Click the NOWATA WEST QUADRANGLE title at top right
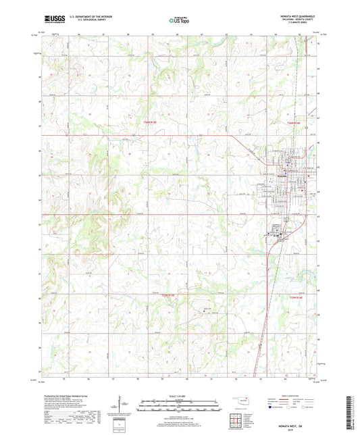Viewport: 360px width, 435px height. pyautogui.click(x=296, y=17)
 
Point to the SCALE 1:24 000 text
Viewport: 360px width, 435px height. pyautogui.click(x=180, y=395)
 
